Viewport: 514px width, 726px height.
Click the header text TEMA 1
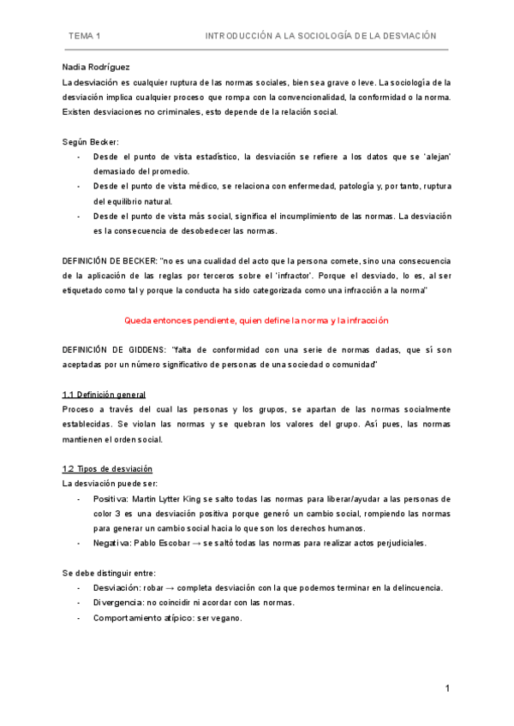coord(85,36)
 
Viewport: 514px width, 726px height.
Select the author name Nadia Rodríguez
coord(98,67)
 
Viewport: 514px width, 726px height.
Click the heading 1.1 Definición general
coord(105,395)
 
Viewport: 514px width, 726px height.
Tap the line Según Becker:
coord(92,141)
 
